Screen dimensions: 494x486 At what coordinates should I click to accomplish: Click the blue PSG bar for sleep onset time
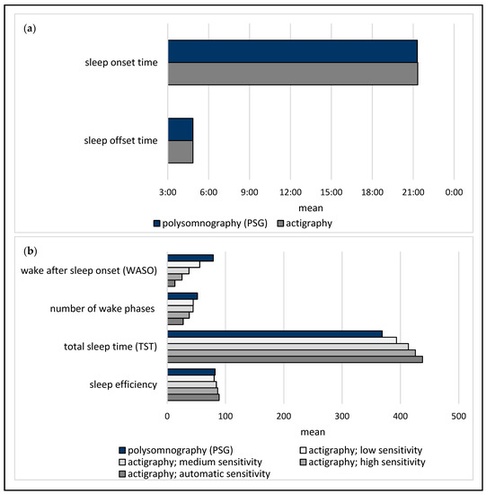292,52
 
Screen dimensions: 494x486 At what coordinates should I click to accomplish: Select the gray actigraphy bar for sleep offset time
181,152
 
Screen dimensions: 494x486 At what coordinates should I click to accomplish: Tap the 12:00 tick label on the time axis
290,192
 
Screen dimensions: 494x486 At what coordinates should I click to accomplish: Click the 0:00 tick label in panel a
454,192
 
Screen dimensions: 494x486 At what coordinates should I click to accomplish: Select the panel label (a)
31,28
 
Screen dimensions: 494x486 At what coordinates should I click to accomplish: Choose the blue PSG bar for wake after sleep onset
190,258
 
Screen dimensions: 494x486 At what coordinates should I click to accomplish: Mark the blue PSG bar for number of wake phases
182,296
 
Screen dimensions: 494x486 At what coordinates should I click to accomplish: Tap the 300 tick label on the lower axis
342,417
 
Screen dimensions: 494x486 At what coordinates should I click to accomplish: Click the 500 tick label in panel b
458,417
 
